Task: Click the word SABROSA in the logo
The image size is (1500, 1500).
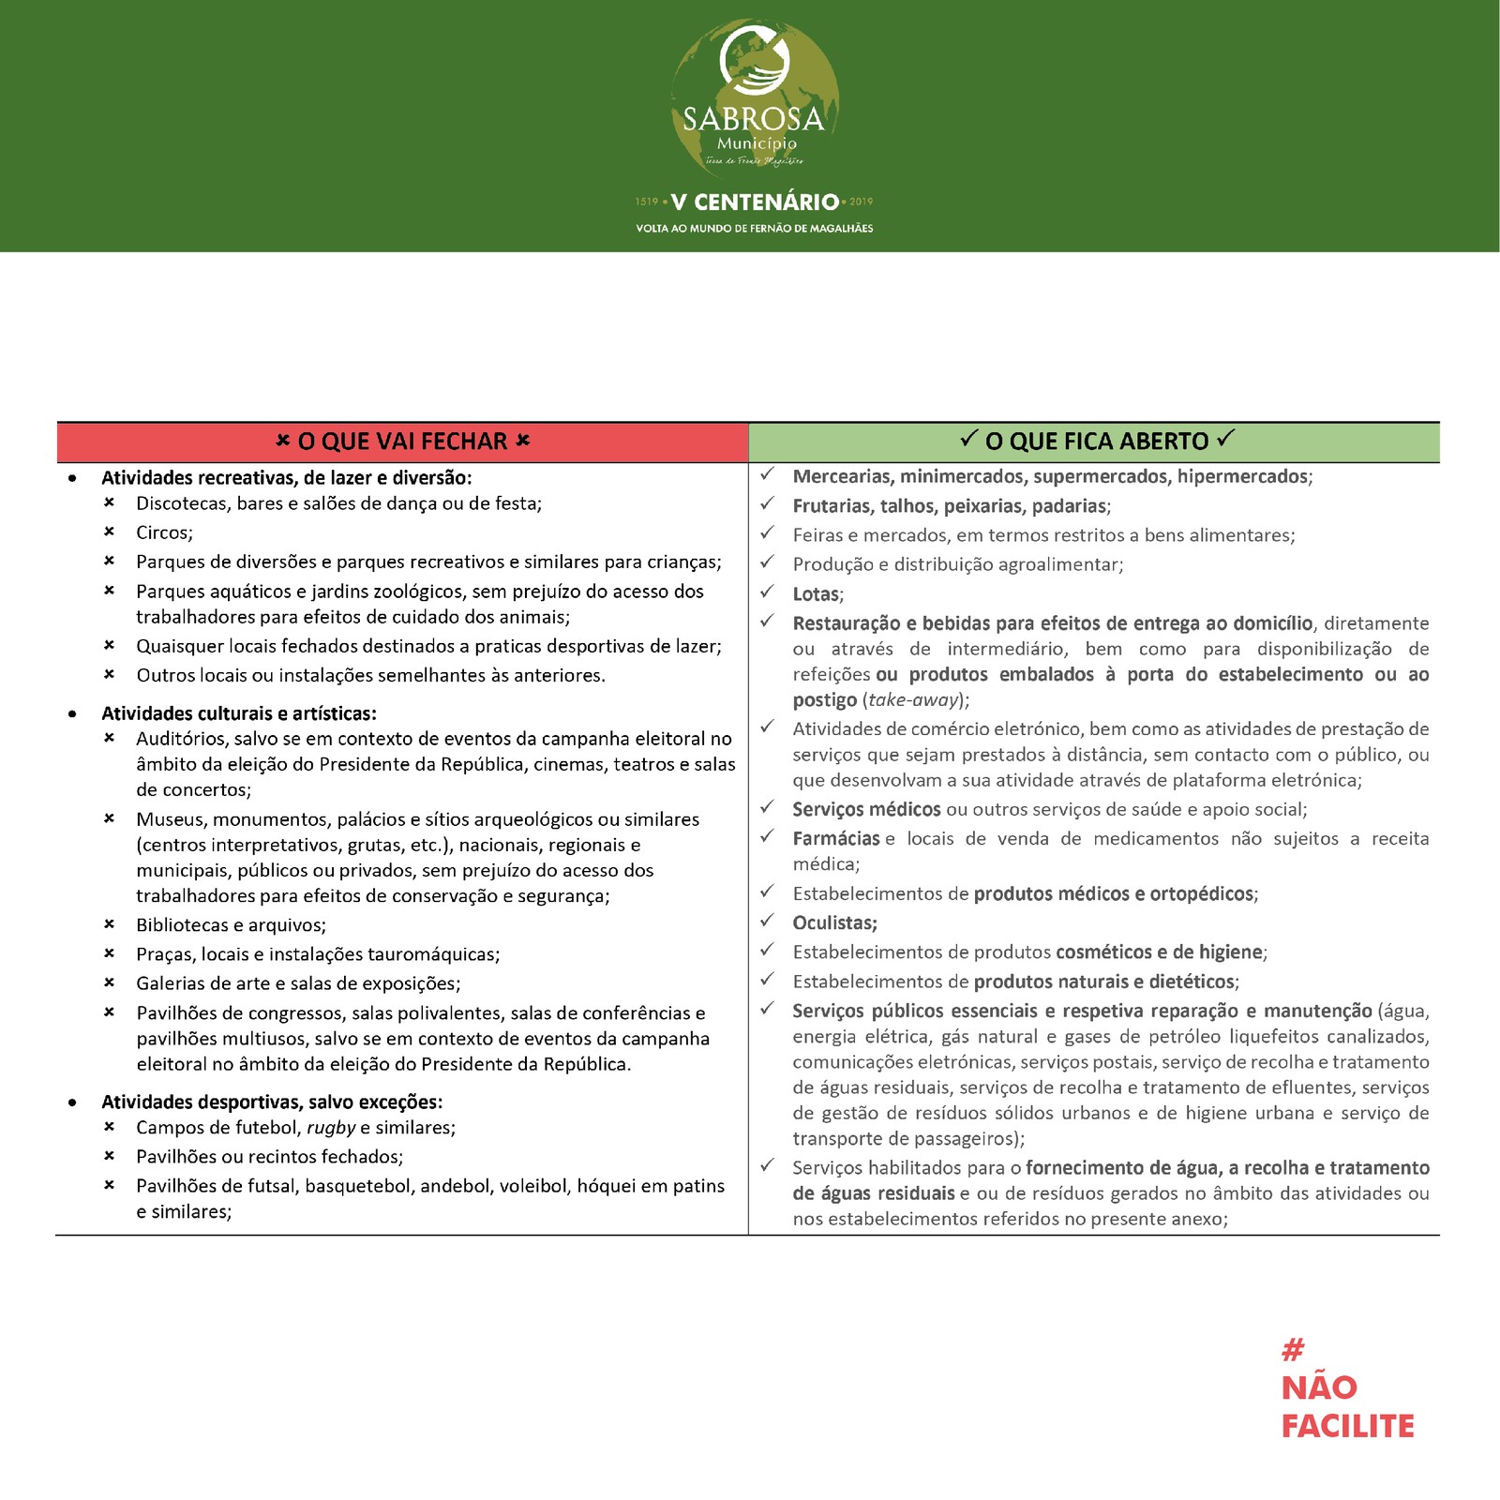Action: tap(753, 119)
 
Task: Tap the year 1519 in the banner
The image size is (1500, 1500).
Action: tap(647, 202)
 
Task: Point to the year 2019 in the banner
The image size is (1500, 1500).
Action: tap(861, 202)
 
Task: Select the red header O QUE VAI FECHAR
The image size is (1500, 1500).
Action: tap(402, 442)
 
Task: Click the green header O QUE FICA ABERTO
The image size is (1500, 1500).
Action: tap(1096, 442)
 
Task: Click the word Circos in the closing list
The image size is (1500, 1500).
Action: tap(164, 532)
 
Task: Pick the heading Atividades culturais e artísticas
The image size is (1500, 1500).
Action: tap(239, 713)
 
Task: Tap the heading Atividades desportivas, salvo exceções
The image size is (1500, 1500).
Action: tap(272, 1102)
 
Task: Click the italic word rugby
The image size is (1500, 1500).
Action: tap(331, 1128)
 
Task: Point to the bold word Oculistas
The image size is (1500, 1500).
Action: tap(834, 923)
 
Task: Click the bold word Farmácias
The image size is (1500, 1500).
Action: tap(836, 839)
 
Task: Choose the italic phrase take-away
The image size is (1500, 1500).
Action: tap(914, 700)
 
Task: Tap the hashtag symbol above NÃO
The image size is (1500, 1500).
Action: tap(1293, 1350)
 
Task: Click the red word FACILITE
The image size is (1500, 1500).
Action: tap(1347, 1426)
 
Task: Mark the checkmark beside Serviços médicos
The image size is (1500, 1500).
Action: tap(768, 807)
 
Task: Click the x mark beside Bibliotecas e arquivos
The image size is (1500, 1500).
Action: tap(109, 925)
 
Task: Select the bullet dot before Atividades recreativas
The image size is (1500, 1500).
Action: tap(73, 478)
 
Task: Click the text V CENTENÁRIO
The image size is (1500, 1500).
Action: tap(755, 202)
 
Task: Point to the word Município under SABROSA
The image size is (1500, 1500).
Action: tap(757, 143)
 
